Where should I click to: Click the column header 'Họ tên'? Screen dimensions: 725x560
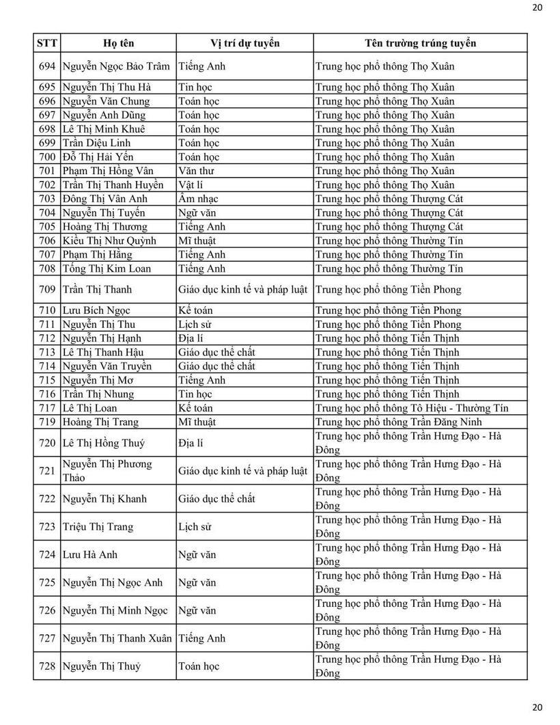pyautogui.click(x=118, y=43)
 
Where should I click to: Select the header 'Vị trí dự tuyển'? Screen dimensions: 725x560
pyautogui.click(x=244, y=43)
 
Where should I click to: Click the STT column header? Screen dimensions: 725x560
pyautogui.click(x=47, y=43)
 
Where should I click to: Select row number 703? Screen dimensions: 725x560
pyautogui.click(x=47, y=199)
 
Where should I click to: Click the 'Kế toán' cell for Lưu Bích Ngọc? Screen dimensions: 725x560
pyautogui.click(x=195, y=310)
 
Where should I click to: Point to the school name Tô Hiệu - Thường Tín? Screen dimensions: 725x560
pyautogui.click(x=412, y=408)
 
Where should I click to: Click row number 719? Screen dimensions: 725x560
pyautogui.click(x=47, y=422)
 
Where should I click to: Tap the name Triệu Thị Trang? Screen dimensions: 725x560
pyautogui.click(x=98, y=527)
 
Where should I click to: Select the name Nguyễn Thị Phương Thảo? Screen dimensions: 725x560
pyautogui.click(x=107, y=471)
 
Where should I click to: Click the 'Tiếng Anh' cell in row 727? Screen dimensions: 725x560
pyautogui.click(x=201, y=638)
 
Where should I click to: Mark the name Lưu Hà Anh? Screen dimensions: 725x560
pyautogui.click(x=90, y=555)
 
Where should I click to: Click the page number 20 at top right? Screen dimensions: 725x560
pyautogui.click(x=537, y=8)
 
